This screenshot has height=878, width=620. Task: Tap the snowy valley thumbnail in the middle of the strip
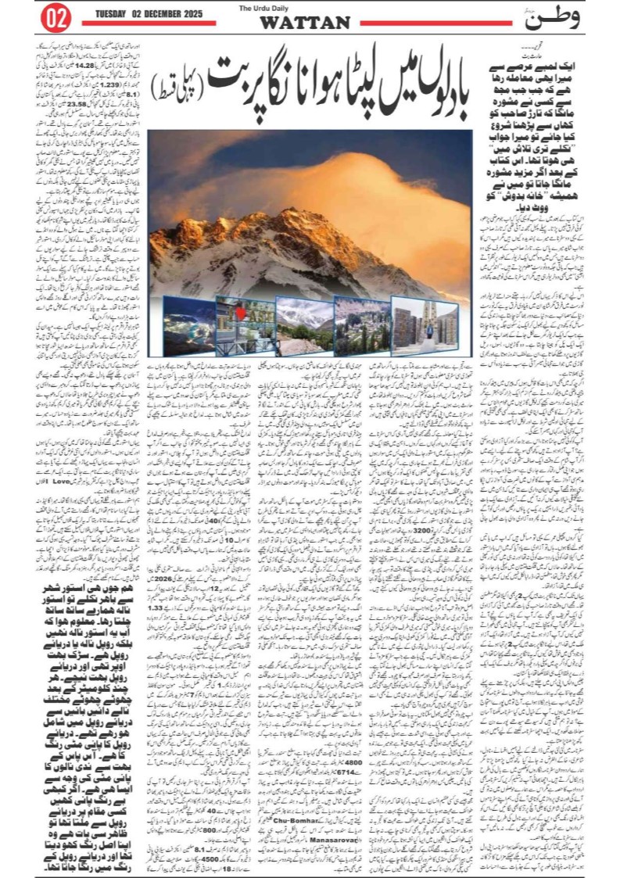click(304, 325)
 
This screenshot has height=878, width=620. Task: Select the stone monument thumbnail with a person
click(425, 324)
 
